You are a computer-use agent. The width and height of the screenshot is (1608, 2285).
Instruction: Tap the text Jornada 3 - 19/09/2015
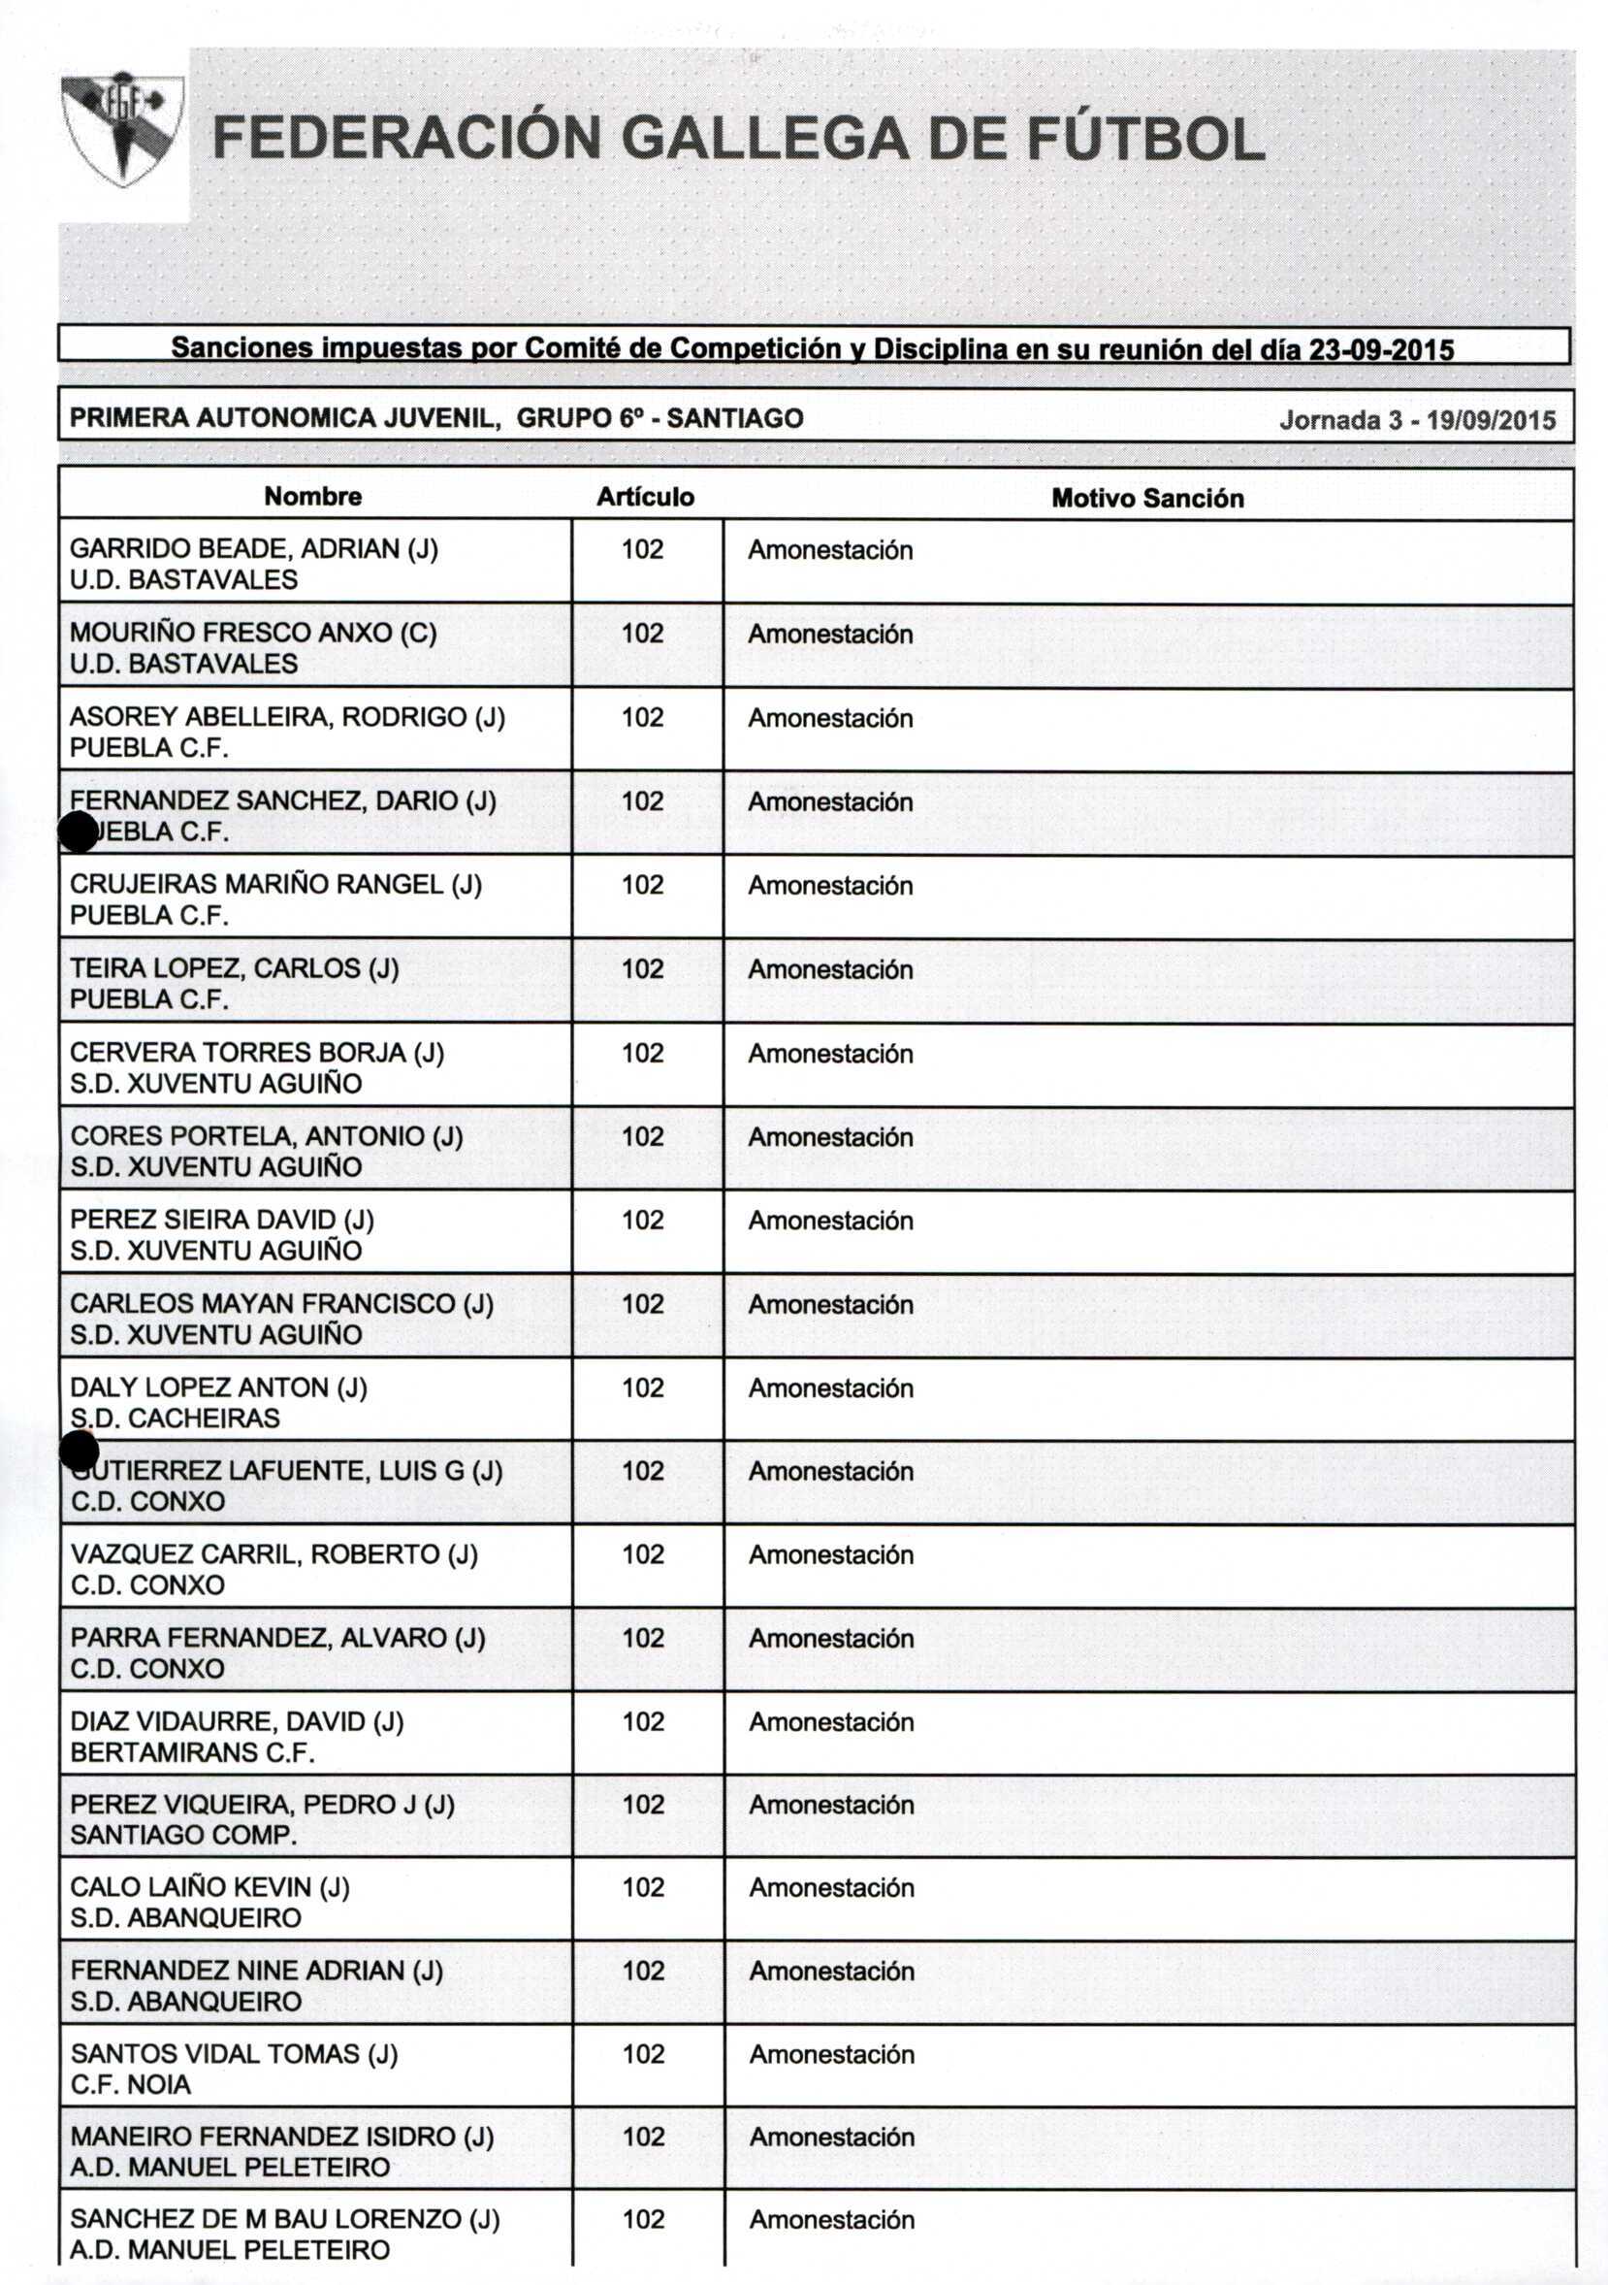(1417, 420)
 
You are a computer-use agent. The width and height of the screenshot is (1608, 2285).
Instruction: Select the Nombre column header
(312, 497)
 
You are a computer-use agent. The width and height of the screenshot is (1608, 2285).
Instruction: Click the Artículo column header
(645, 497)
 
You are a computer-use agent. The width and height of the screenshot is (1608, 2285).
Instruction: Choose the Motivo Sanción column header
(1147, 498)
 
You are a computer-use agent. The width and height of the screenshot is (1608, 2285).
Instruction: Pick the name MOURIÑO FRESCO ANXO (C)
(253, 633)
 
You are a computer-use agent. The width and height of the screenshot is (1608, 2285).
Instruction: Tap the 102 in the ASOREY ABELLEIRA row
(643, 717)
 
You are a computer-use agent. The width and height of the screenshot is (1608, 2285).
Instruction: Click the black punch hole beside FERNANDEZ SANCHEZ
(79, 832)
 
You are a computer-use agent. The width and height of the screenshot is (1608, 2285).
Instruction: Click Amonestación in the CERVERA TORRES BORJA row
(830, 1053)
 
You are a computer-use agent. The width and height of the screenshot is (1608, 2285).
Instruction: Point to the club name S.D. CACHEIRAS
(176, 1419)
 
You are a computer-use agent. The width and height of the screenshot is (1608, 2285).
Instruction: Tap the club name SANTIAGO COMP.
(183, 1835)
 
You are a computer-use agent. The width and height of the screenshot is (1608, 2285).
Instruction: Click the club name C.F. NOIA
(130, 2084)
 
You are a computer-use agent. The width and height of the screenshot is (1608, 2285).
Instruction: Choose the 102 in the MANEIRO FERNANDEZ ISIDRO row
(643, 2136)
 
